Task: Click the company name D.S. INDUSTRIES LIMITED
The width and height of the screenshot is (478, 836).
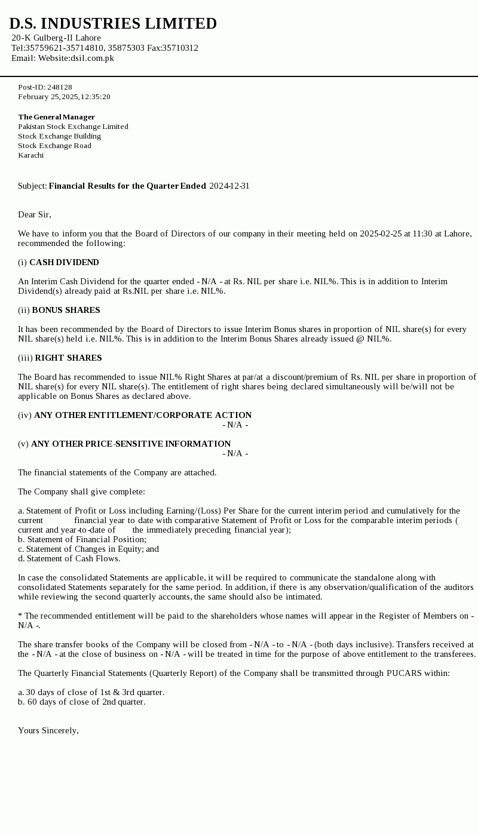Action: point(113,24)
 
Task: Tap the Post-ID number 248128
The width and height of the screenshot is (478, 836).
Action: point(60,87)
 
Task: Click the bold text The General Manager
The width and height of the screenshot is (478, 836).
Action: point(56,117)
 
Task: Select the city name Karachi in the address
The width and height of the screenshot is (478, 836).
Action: point(30,155)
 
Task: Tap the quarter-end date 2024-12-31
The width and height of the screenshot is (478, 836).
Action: point(229,186)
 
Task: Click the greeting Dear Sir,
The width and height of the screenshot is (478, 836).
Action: point(35,214)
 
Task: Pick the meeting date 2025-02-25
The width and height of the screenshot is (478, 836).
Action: point(381,233)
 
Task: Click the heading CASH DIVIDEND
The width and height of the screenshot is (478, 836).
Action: point(64,262)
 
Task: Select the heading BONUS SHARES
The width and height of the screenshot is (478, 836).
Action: point(66,310)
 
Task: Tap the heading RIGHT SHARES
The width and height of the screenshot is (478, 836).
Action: point(68,358)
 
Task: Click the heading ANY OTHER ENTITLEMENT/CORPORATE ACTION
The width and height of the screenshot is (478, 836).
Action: point(143,415)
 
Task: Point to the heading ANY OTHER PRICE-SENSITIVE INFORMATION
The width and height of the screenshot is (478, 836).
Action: point(131,444)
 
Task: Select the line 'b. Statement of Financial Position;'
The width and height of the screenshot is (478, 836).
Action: point(82,539)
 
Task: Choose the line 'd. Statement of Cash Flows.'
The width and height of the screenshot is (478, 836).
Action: point(69,558)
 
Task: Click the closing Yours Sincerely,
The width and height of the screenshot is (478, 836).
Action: point(48,730)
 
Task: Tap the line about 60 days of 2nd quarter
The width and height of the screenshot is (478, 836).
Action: point(81,702)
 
